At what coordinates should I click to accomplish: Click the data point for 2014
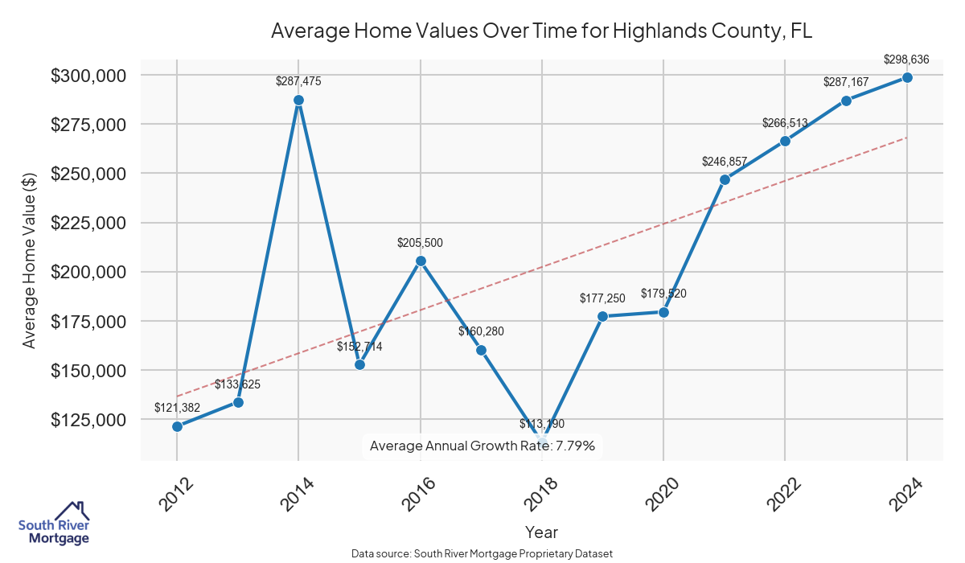click(x=298, y=101)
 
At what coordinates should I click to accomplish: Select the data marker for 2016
click(x=420, y=261)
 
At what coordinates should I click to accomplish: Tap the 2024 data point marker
click(x=907, y=77)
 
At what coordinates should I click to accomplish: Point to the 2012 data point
click(x=177, y=426)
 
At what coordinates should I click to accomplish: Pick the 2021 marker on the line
click(x=725, y=179)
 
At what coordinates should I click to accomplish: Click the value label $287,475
click(x=298, y=81)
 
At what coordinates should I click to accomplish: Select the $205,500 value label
click(x=420, y=242)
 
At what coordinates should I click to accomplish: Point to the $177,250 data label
click(x=602, y=298)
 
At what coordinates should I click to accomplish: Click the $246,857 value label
click(x=725, y=161)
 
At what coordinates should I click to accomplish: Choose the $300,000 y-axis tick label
click(x=88, y=76)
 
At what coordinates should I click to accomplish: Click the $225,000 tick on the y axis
click(x=88, y=223)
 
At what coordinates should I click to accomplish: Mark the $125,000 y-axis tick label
click(x=88, y=420)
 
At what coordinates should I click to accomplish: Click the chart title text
click(x=542, y=31)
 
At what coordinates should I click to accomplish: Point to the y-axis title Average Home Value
click(x=29, y=260)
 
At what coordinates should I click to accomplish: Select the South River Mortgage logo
click(x=54, y=524)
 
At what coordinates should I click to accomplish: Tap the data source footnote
click(x=482, y=553)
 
